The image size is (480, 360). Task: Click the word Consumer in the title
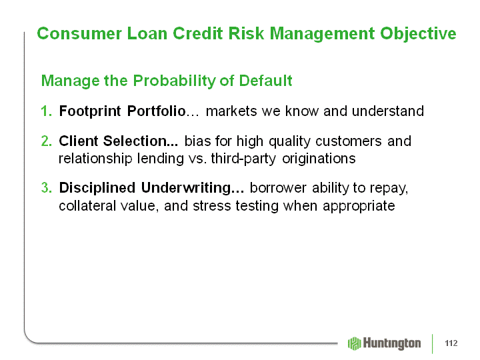(x=79, y=33)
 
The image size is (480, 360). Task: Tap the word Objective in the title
(x=418, y=34)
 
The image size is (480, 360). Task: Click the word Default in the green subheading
(x=265, y=81)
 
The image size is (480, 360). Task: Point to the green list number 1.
(x=46, y=111)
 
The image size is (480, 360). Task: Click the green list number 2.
(x=47, y=141)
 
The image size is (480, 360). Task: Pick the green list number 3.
(x=47, y=187)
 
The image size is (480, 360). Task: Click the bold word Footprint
(x=90, y=111)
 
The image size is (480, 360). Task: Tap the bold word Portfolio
(x=157, y=111)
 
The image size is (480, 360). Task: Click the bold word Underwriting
(x=193, y=188)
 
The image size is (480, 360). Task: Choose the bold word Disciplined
(x=97, y=188)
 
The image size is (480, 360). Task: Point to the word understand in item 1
(x=388, y=111)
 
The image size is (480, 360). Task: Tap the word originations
(x=319, y=159)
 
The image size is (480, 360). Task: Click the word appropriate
(x=359, y=206)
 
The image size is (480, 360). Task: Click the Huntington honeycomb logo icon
(x=355, y=343)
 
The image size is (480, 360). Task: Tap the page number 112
(x=451, y=343)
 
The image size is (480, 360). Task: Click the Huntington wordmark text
(x=392, y=343)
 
